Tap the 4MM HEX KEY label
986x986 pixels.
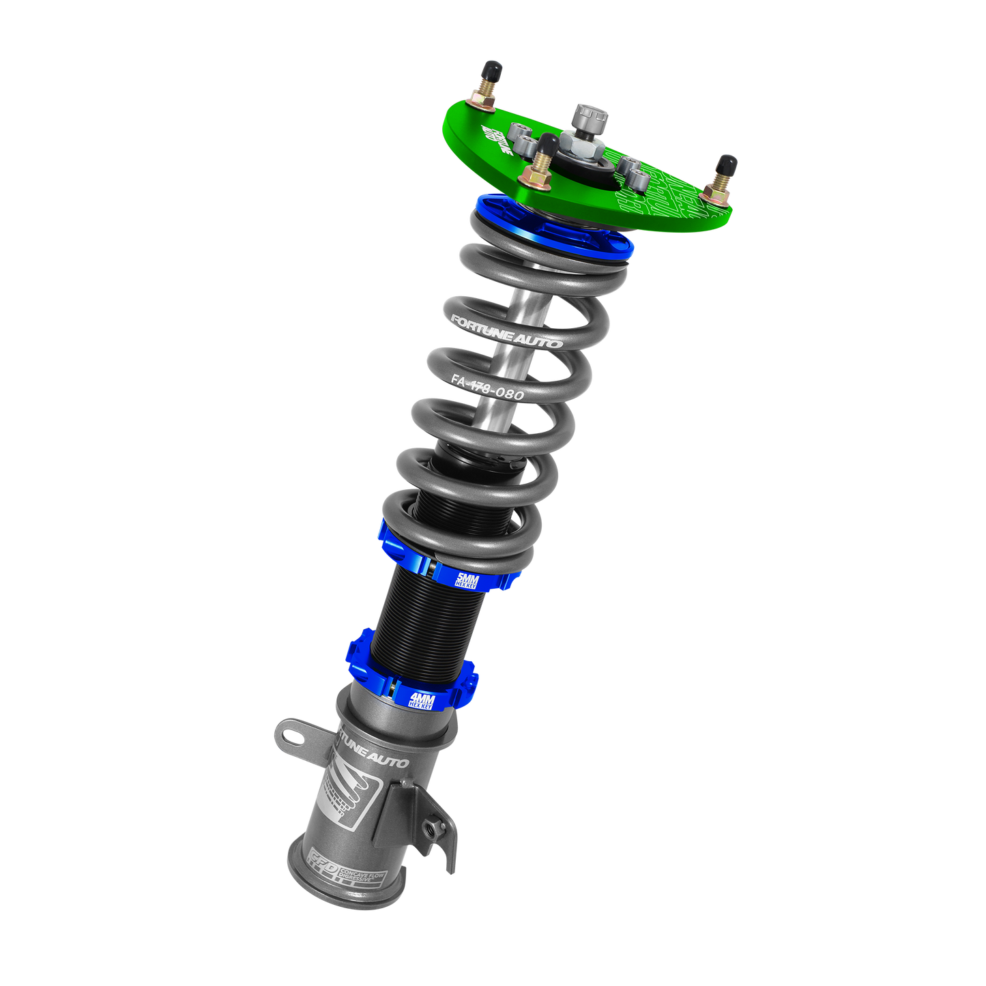click(421, 700)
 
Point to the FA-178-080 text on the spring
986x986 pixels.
click(487, 388)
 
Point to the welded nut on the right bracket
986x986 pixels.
click(431, 829)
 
